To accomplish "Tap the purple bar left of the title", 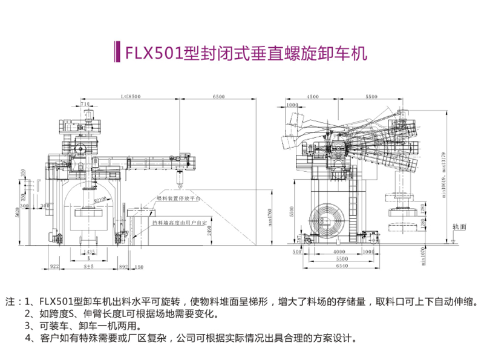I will point(116,53).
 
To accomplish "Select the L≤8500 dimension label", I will point(130,96).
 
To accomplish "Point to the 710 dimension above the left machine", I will point(85,105).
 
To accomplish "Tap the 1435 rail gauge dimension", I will point(91,250).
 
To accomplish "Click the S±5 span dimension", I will point(89,265).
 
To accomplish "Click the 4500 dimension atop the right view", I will point(313,96).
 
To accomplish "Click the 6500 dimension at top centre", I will point(219,96).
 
